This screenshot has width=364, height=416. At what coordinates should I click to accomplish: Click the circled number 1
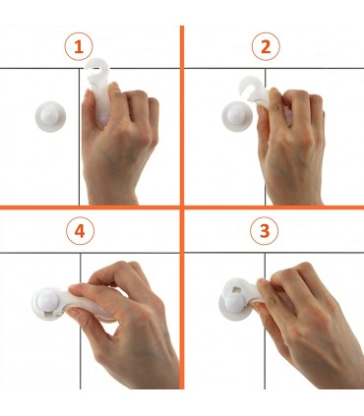(79, 46)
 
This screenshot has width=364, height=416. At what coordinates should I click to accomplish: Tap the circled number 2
(266, 46)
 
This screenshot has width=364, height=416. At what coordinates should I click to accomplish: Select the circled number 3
(265, 231)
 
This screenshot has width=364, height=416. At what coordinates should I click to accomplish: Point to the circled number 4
(80, 231)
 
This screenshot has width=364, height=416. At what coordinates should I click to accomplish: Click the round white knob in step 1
(50, 116)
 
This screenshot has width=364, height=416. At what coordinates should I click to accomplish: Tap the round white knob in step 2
(237, 116)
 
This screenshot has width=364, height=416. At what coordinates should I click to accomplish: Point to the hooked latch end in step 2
(250, 86)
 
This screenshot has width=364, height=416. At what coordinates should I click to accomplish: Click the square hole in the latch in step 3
(238, 289)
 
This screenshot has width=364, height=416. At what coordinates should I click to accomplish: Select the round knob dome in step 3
(233, 302)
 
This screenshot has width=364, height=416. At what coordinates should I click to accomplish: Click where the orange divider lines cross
(182, 208)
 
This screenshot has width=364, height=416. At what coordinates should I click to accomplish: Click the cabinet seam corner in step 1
(80, 69)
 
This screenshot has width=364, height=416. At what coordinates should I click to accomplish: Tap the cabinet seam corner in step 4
(81, 253)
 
